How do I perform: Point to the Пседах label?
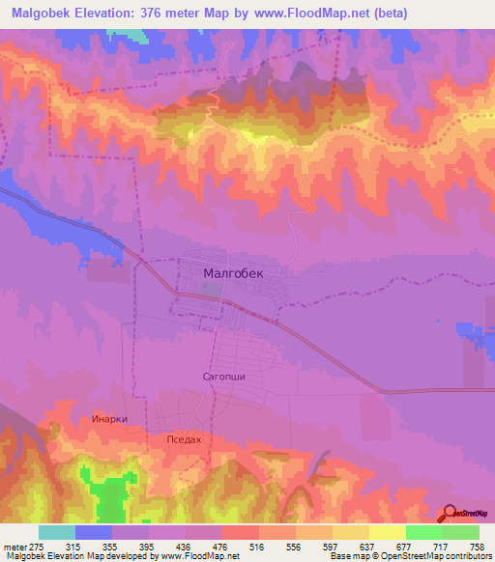point(184,439)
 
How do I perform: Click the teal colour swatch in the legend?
point(57,532)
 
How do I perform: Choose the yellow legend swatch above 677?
point(386,532)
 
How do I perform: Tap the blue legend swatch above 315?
point(94,532)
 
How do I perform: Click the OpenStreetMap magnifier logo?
point(451,513)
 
